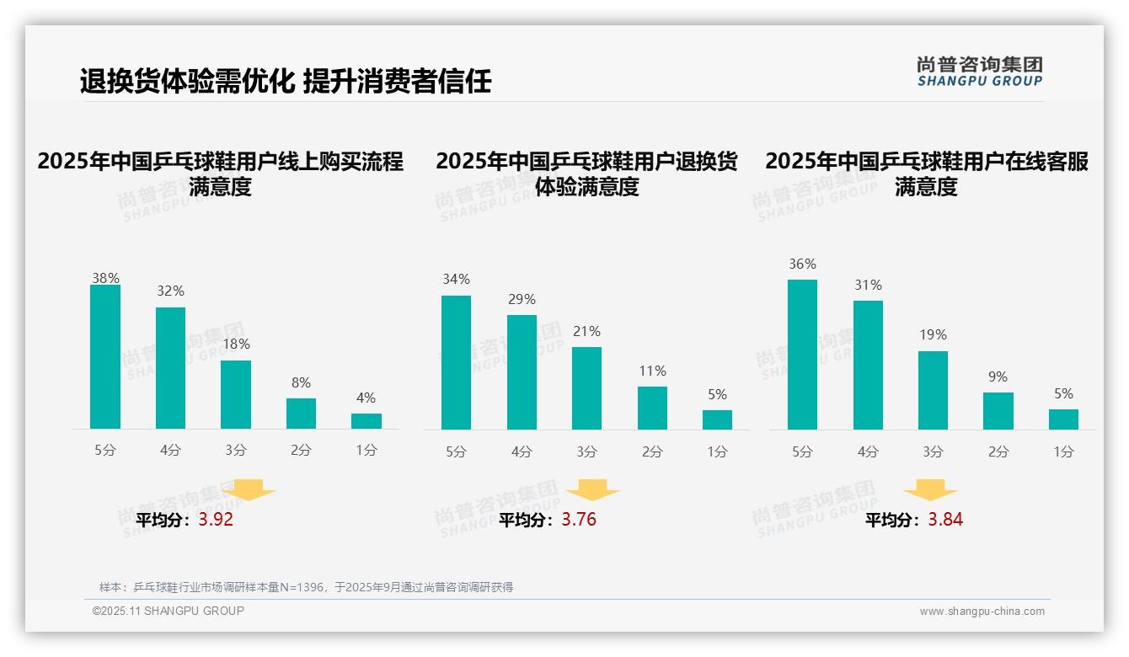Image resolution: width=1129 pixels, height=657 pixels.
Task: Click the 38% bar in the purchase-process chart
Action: [105, 357]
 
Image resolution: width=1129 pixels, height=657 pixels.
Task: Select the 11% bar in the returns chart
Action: [652, 409]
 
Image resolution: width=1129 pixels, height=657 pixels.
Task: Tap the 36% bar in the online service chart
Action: [802, 355]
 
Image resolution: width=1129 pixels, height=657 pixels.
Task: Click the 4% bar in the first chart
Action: [367, 421]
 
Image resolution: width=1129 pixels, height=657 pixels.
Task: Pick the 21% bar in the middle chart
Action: [586, 388]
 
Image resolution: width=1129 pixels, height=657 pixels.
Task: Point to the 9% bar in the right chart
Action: [998, 411]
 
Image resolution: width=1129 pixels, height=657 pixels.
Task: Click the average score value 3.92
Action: [216, 520]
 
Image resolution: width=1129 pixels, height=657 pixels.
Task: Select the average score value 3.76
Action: [579, 520]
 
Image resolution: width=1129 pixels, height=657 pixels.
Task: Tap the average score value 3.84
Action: [945, 520]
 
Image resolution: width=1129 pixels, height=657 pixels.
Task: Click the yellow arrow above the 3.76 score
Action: [593, 490]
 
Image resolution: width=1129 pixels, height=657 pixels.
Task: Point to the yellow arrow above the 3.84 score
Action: [931, 490]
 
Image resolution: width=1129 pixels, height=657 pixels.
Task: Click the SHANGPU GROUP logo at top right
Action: [980, 72]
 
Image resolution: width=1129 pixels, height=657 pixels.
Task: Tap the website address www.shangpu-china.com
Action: [982, 612]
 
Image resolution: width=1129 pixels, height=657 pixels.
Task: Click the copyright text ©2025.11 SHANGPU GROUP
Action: [169, 611]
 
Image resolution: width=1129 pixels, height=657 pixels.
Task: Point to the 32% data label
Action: [170, 291]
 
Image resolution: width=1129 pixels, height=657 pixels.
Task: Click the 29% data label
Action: [522, 300]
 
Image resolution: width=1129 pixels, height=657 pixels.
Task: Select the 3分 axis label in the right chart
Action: [933, 451]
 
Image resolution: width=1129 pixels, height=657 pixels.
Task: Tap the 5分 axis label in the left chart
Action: [105, 451]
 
